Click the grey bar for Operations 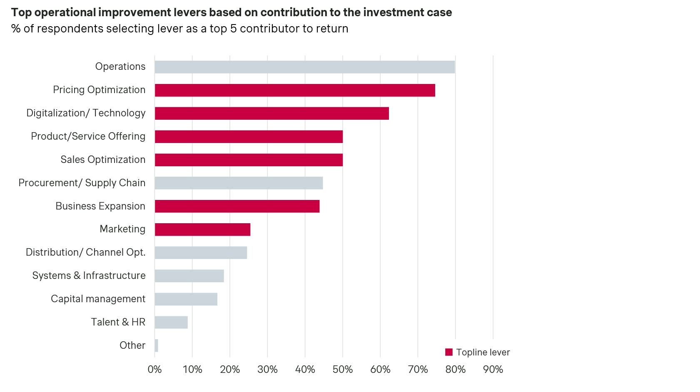(x=304, y=67)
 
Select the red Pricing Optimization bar (x=295, y=90)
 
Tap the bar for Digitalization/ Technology (x=272, y=113)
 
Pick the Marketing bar (x=202, y=229)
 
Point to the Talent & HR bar (x=171, y=322)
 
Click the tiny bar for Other (x=156, y=345)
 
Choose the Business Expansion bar (x=237, y=206)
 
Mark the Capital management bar (x=186, y=299)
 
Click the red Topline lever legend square (x=448, y=352)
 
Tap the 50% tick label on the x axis (x=343, y=370)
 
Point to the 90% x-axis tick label (x=493, y=370)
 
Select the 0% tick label (x=154, y=370)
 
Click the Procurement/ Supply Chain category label (x=82, y=183)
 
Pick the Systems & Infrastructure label (x=89, y=276)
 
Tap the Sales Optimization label (x=103, y=160)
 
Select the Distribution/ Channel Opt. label (x=85, y=252)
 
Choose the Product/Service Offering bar (x=249, y=137)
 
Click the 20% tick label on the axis (x=230, y=370)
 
